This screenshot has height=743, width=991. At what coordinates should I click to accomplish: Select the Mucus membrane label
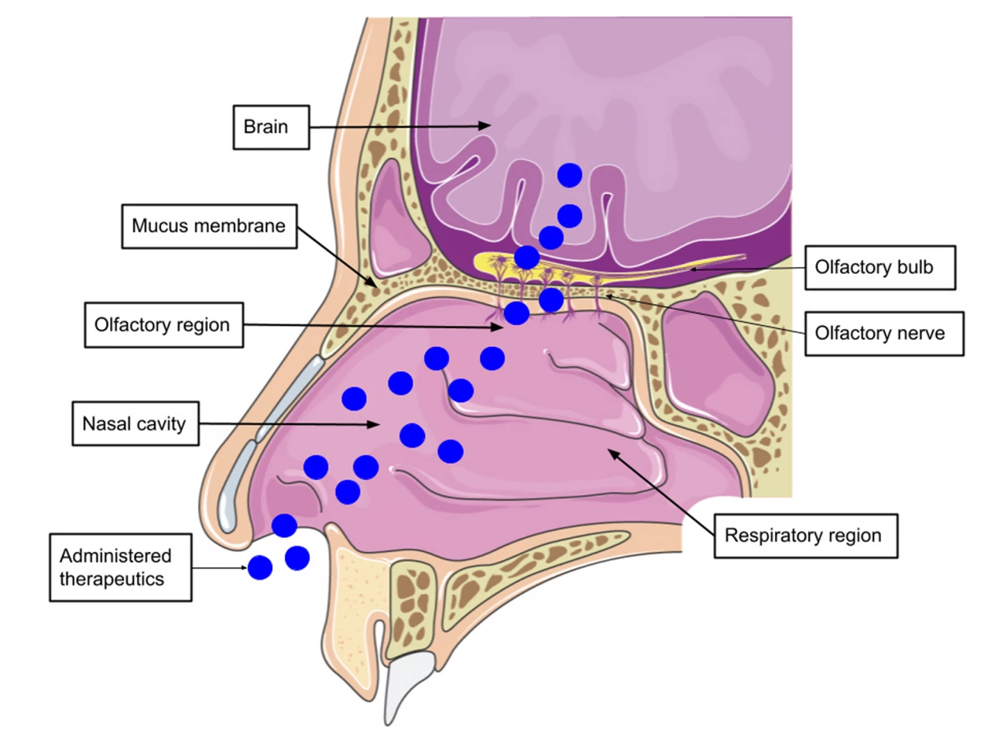(209, 226)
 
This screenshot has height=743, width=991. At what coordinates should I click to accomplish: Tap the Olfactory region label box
(163, 325)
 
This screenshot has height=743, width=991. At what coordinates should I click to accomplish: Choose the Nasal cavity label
(135, 423)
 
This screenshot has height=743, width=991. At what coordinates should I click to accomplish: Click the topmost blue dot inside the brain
(570, 176)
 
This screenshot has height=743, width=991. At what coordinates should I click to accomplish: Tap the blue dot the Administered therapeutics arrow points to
(260, 568)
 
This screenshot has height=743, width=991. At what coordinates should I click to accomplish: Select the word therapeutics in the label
(112, 580)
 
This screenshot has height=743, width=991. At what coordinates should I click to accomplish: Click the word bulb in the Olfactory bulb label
(915, 268)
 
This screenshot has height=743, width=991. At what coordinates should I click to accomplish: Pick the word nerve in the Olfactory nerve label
(918, 334)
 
